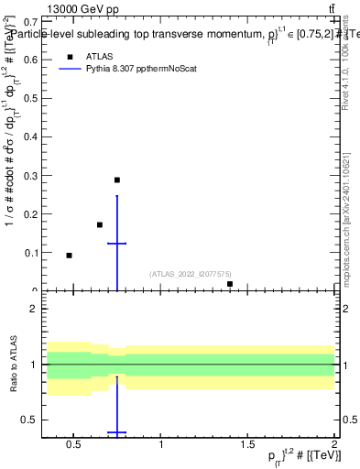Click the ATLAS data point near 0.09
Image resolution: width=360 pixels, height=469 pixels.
[69, 256]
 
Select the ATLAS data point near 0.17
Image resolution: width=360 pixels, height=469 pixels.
[100, 224]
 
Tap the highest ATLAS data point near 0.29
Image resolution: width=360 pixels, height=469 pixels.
[117, 180]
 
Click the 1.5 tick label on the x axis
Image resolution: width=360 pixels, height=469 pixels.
[247, 443]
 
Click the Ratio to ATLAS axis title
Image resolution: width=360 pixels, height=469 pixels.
[13, 365]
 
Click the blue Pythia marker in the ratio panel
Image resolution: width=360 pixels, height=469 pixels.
[117, 432]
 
